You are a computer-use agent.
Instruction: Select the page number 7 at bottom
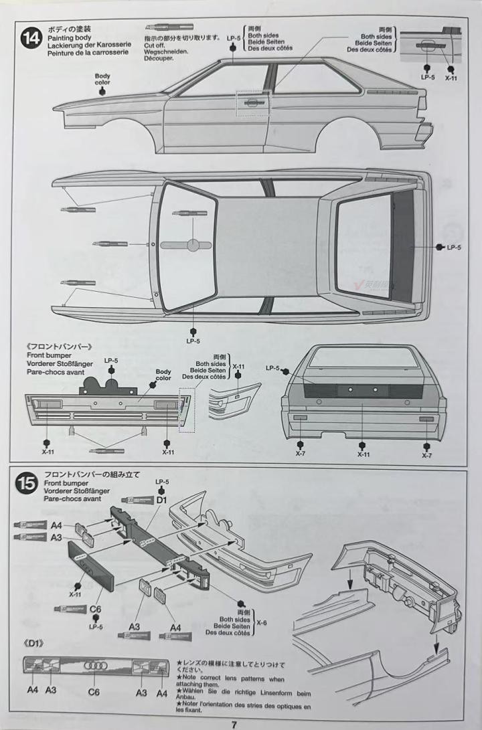[234, 723]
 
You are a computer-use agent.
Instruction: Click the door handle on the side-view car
[253, 102]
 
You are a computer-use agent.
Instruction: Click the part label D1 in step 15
[161, 500]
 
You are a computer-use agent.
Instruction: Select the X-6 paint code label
[261, 624]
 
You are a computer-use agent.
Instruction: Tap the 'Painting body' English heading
[69, 39]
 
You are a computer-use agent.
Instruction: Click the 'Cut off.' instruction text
[155, 45]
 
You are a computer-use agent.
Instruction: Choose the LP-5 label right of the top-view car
[454, 248]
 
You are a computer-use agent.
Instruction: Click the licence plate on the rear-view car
[352, 391]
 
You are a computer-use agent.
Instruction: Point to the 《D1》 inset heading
[35, 644]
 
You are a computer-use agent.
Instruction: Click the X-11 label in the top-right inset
[451, 78]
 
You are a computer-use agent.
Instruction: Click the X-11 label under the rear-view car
[364, 454]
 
